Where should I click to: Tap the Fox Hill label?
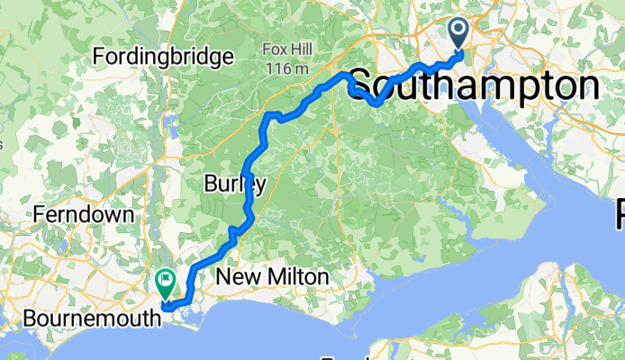[288, 49]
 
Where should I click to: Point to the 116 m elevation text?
[288, 67]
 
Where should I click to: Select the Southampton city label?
[473, 86]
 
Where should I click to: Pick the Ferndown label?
[82, 215]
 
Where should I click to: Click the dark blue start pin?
[459, 35]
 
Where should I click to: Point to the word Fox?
[275, 49]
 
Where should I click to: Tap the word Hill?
[301, 49]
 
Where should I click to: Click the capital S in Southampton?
[359, 86]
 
